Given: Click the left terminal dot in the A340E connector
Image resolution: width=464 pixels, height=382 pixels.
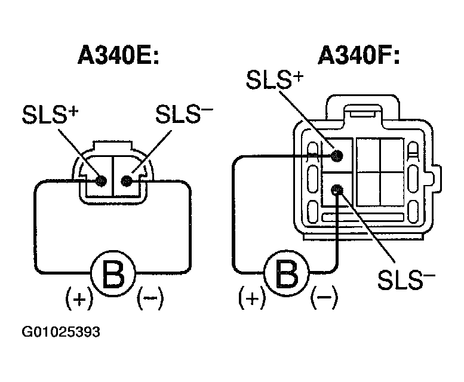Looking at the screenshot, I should pos(101,180).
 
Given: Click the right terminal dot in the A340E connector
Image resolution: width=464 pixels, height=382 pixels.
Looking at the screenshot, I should pos(126,180).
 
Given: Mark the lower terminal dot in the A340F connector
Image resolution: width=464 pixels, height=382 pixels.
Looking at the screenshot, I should pos(338,190).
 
